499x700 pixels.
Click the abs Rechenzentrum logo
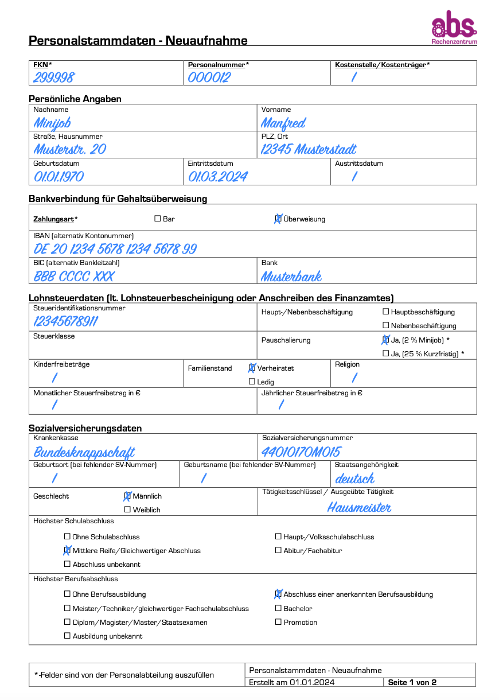[x=454, y=28]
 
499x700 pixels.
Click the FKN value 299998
[x=54, y=77]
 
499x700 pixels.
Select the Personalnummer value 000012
[x=209, y=77]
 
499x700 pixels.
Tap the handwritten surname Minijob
[x=52, y=123]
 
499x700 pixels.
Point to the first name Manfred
[x=283, y=123]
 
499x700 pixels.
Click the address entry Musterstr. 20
[x=69, y=150]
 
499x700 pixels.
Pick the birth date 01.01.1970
[x=59, y=177]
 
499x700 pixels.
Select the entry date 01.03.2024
[x=218, y=177]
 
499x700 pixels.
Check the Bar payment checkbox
[x=158, y=219]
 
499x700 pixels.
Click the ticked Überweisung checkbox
[x=278, y=219]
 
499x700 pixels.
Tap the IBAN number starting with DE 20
[x=115, y=249]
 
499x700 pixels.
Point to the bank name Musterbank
[x=291, y=277]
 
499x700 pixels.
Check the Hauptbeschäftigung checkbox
[x=385, y=312]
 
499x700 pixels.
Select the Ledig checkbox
[x=252, y=382]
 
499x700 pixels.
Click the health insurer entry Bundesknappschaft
[x=84, y=452]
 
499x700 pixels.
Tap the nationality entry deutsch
[x=355, y=478]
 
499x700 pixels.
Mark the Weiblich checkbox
[x=127, y=510]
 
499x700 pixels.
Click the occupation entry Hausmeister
[x=360, y=507]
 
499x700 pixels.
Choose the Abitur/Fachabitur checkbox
[x=278, y=550]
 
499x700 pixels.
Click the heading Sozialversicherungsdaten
[x=85, y=428]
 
